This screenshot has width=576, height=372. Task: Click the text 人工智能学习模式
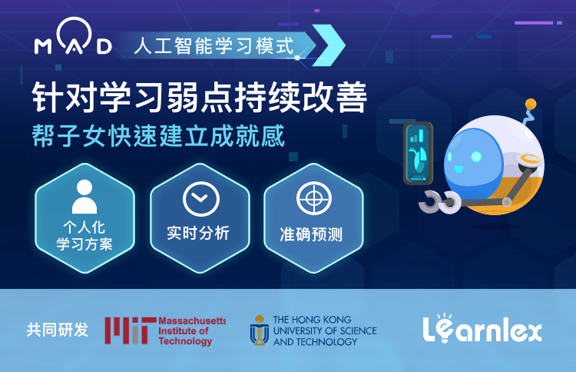tap(214, 46)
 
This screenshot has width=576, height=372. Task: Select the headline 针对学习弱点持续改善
tap(200, 97)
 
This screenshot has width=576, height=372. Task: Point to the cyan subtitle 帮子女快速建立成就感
tap(158, 135)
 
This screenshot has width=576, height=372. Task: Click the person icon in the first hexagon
tap(84, 197)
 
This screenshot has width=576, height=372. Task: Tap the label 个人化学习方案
tap(84, 236)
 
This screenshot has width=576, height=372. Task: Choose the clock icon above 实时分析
tap(201, 199)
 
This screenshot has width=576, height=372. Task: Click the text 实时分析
tap(198, 233)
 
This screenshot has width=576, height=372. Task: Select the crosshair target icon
tap(314, 198)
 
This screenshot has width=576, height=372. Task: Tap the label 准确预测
tap(311, 234)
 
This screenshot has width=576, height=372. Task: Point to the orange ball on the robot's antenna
tap(531, 104)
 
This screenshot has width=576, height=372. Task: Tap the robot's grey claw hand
tap(440, 201)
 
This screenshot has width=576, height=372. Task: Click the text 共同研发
tap(58, 330)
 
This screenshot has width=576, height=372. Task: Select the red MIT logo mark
tap(130, 330)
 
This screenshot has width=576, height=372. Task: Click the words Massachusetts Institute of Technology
tap(192, 330)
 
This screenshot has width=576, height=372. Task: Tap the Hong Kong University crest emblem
tap(260, 330)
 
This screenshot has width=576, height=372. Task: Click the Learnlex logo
tap(482, 328)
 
